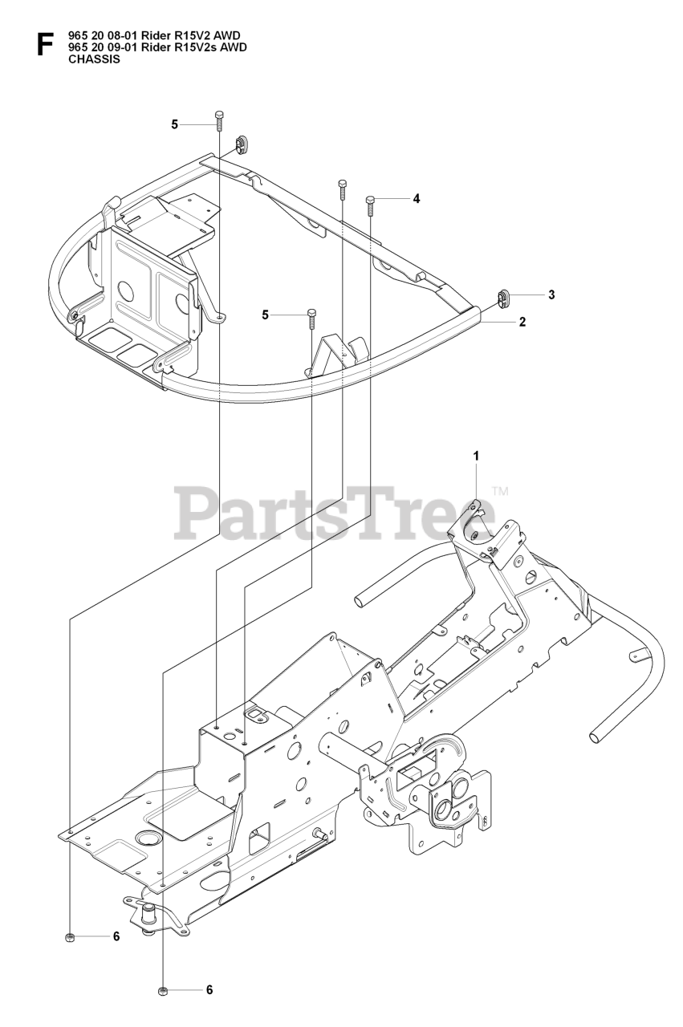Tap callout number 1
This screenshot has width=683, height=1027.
coord(476,455)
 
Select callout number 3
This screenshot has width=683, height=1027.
coord(551,294)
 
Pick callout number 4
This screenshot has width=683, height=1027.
coord(415,198)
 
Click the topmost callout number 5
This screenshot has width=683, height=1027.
coord(174,124)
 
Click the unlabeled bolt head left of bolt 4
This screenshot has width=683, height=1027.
coord(343,189)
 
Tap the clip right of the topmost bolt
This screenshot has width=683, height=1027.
coord(240,144)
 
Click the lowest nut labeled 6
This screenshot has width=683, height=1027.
coord(162,992)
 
